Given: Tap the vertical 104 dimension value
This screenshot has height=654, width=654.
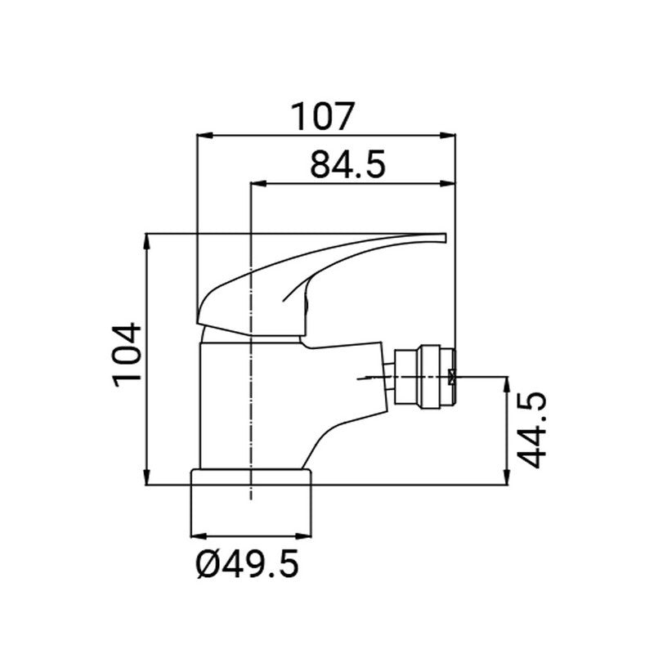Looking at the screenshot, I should click(128, 354).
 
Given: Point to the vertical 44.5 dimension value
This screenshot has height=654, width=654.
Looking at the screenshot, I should click(532, 430).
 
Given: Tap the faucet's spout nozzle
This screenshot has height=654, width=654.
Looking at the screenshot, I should click(424, 376).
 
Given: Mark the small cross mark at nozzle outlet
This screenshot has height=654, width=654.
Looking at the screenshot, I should click(455, 376).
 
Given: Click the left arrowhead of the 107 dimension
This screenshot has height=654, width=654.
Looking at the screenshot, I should click(203, 137).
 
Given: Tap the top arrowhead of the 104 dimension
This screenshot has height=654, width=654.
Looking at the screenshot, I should click(148, 240).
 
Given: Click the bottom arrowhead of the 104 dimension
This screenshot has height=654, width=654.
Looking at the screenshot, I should click(148, 481).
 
